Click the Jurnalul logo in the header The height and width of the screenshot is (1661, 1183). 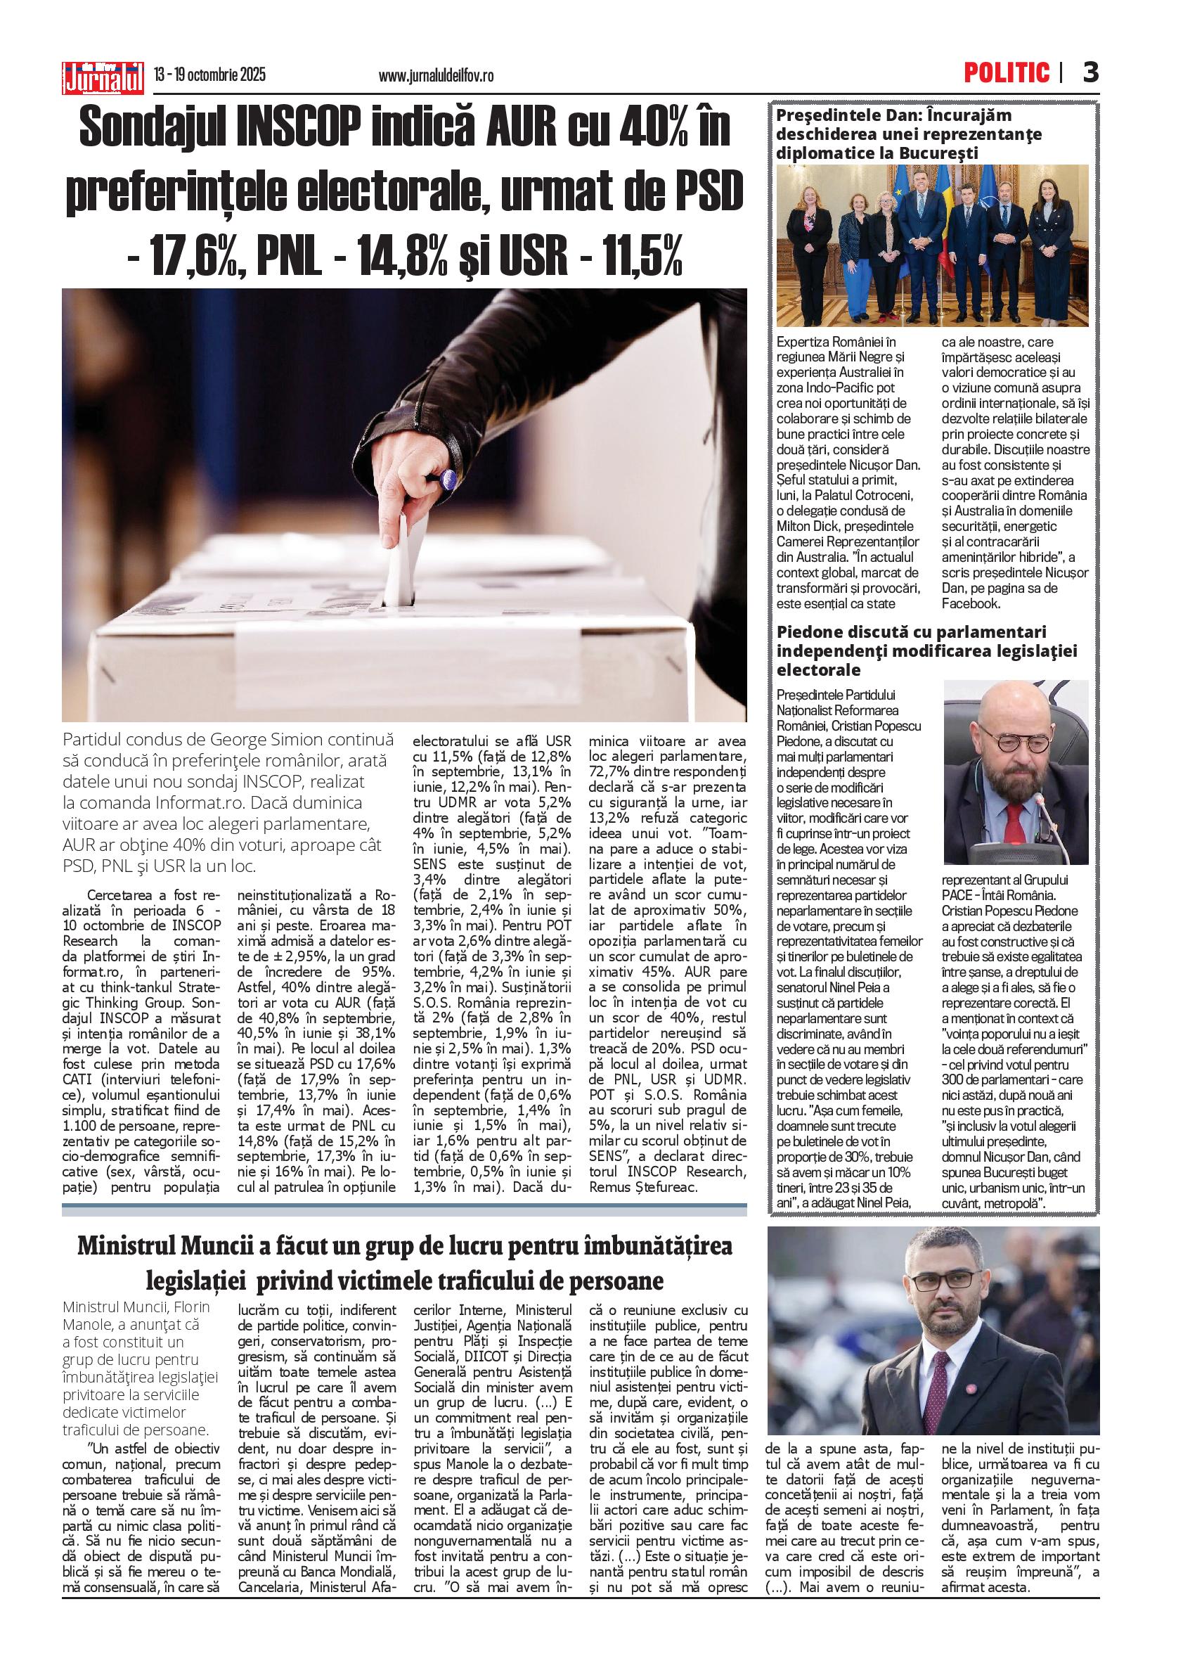tap(103, 77)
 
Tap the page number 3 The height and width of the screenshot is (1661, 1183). tap(1090, 73)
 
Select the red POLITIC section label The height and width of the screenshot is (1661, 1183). tap(1007, 73)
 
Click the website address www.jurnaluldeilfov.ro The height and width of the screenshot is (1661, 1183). tap(437, 76)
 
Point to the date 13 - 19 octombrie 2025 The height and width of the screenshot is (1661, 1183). tap(209, 75)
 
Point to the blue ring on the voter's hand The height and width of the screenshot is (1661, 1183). tap(447, 479)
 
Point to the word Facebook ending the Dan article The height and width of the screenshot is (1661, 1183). tap(971, 603)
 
